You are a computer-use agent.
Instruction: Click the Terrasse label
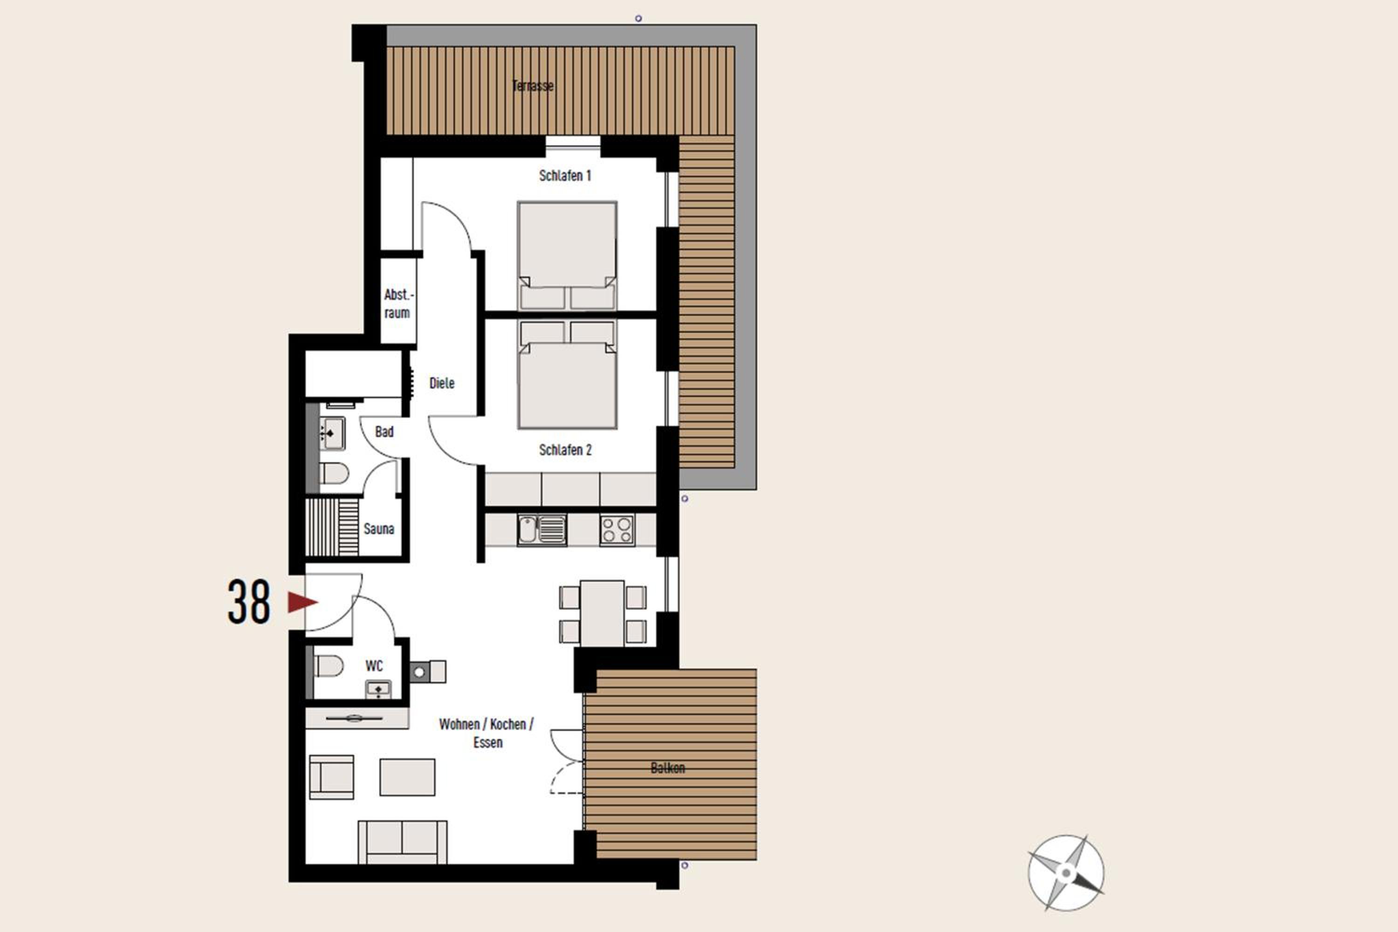click(x=533, y=86)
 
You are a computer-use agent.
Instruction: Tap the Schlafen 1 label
click(x=565, y=175)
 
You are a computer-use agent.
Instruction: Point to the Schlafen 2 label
click(x=565, y=450)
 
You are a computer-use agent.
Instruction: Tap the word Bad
click(x=384, y=432)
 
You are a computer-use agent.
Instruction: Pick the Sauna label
click(x=378, y=528)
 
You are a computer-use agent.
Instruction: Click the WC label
click(x=374, y=666)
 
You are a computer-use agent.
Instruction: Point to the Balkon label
click(x=667, y=768)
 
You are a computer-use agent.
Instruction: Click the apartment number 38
click(x=248, y=602)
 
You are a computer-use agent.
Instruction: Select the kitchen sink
click(x=541, y=529)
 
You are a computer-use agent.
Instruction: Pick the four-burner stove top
click(x=617, y=529)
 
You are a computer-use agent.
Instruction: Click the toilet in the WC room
click(x=328, y=666)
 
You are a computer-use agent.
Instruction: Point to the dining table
click(x=602, y=613)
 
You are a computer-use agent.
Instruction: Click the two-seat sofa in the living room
click(x=403, y=842)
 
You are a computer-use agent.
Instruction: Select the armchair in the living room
click(x=332, y=777)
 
